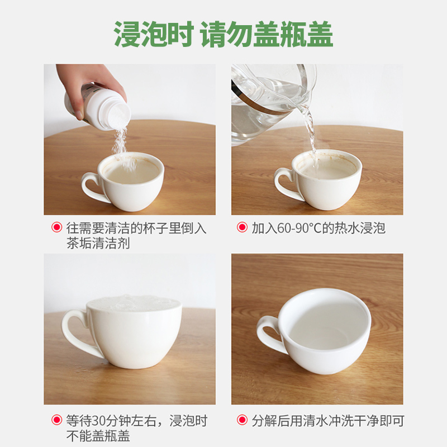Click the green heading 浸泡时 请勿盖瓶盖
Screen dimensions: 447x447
tap(223, 35)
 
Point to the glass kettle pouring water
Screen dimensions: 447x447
tap(268, 101)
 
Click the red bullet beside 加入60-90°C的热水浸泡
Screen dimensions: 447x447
tap(242, 227)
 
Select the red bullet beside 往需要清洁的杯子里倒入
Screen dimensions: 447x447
tap(56, 227)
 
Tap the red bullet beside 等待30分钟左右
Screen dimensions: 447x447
tap(56, 420)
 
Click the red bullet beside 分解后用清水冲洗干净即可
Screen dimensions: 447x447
tap(242, 420)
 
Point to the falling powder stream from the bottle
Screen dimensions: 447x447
tap(119, 140)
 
